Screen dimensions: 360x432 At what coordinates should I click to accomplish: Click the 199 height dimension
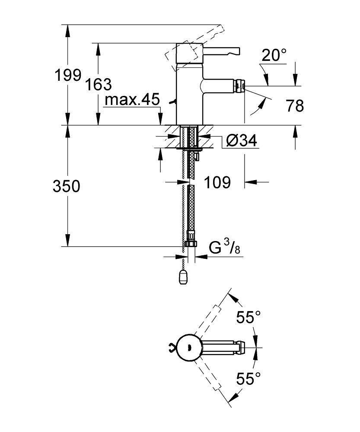point(68,75)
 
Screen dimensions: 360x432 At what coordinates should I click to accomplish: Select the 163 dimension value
point(98,84)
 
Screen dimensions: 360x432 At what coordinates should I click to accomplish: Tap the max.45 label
point(132,99)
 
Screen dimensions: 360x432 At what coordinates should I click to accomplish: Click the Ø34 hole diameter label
point(242,140)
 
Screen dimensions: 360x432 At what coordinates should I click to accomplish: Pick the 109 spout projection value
point(217,182)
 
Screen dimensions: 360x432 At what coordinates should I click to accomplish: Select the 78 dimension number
point(295,105)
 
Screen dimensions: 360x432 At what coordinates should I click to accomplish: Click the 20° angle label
point(274,55)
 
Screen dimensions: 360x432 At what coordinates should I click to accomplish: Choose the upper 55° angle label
point(248,317)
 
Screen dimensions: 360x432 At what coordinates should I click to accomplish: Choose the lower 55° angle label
point(248,378)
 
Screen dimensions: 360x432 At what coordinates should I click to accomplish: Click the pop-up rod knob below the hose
point(183,277)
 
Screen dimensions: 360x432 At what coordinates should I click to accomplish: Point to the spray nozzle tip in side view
point(239,86)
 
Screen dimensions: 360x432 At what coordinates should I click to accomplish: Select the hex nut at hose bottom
point(191,244)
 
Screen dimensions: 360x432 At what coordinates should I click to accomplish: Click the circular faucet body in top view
point(189,347)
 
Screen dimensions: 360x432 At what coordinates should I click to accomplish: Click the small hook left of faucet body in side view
point(172,102)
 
